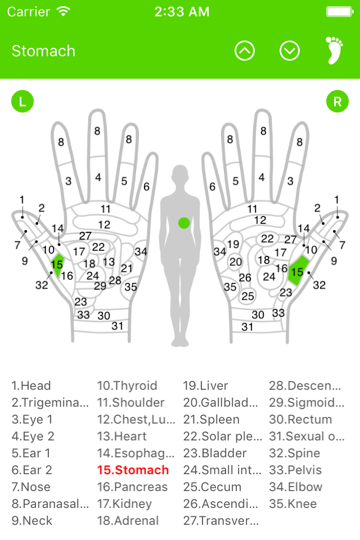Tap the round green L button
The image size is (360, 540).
pyautogui.click(x=22, y=102)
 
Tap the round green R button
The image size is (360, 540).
pyautogui.click(x=337, y=102)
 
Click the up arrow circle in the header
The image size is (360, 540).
pyautogui.click(x=245, y=51)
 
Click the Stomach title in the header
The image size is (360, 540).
pyautogui.click(x=43, y=51)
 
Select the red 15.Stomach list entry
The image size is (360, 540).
pyautogui.click(x=133, y=470)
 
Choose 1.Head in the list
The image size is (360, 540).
pyautogui.click(x=31, y=385)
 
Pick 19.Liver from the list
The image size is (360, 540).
pyautogui.click(x=205, y=385)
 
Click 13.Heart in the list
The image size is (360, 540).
pyautogui.click(x=122, y=436)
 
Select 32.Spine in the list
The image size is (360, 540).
pyautogui.click(x=295, y=453)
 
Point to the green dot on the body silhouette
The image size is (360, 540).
pyautogui.click(x=184, y=223)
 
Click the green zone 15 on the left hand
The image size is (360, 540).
pyautogui.click(x=57, y=265)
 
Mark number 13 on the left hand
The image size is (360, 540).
pyautogui.click(x=109, y=262)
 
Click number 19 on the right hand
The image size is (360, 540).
pyautogui.click(x=233, y=244)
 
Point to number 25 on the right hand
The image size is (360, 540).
pyautogui.click(x=247, y=296)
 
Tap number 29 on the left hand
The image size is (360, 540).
pyautogui.click(x=100, y=286)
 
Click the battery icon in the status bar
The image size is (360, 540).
pyautogui.click(x=340, y=12)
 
